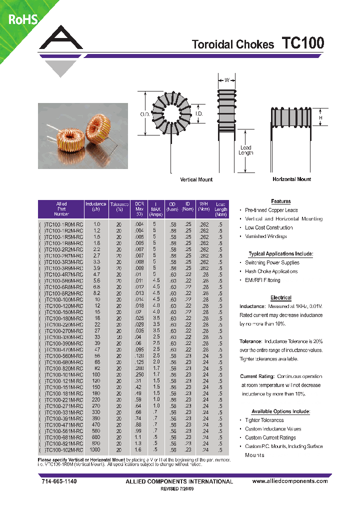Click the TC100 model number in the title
click(303, 43)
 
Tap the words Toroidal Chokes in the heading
click(233, 44)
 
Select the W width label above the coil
click(226, 80)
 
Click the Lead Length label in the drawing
click(245, 150)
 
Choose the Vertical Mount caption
click(196, 179)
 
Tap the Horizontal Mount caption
click(291, 179)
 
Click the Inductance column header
click(95, 207)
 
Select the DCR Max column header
click(139, 209)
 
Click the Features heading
click(280, 201)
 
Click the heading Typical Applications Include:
click(280, 254)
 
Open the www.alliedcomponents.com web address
click(290, 481)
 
